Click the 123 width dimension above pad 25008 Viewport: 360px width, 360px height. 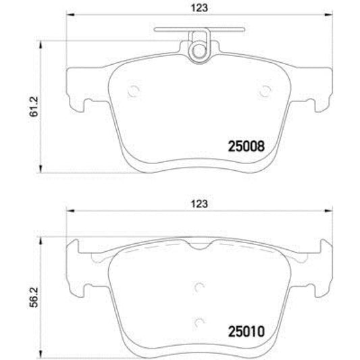(198, 8)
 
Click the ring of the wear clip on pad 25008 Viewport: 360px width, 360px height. (198, 50)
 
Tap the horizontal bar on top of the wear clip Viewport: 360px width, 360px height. (198, 30)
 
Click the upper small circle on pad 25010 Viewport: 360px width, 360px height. (198, 286)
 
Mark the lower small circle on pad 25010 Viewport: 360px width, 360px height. (198, 322)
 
